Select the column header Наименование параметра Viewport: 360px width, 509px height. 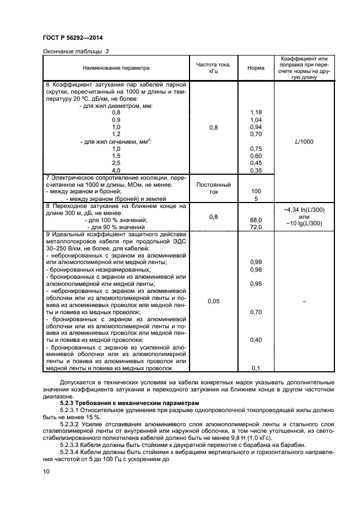coord(115,68)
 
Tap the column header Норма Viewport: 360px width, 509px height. coord(256,68)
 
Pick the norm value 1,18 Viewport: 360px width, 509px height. coord(256,112)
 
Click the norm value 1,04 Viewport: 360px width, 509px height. coord(256,119)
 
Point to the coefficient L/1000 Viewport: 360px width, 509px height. coord(304,142)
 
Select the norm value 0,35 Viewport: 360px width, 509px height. coord(256,170)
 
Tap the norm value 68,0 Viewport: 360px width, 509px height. coord(256,219)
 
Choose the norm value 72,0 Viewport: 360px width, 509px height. coord(256,226)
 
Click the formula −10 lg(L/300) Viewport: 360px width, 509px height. coord(304,223)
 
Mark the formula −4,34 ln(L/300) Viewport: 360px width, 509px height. coord(304,209)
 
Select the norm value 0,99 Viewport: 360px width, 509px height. coord(256,262)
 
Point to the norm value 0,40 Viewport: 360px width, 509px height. coord(256,340)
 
